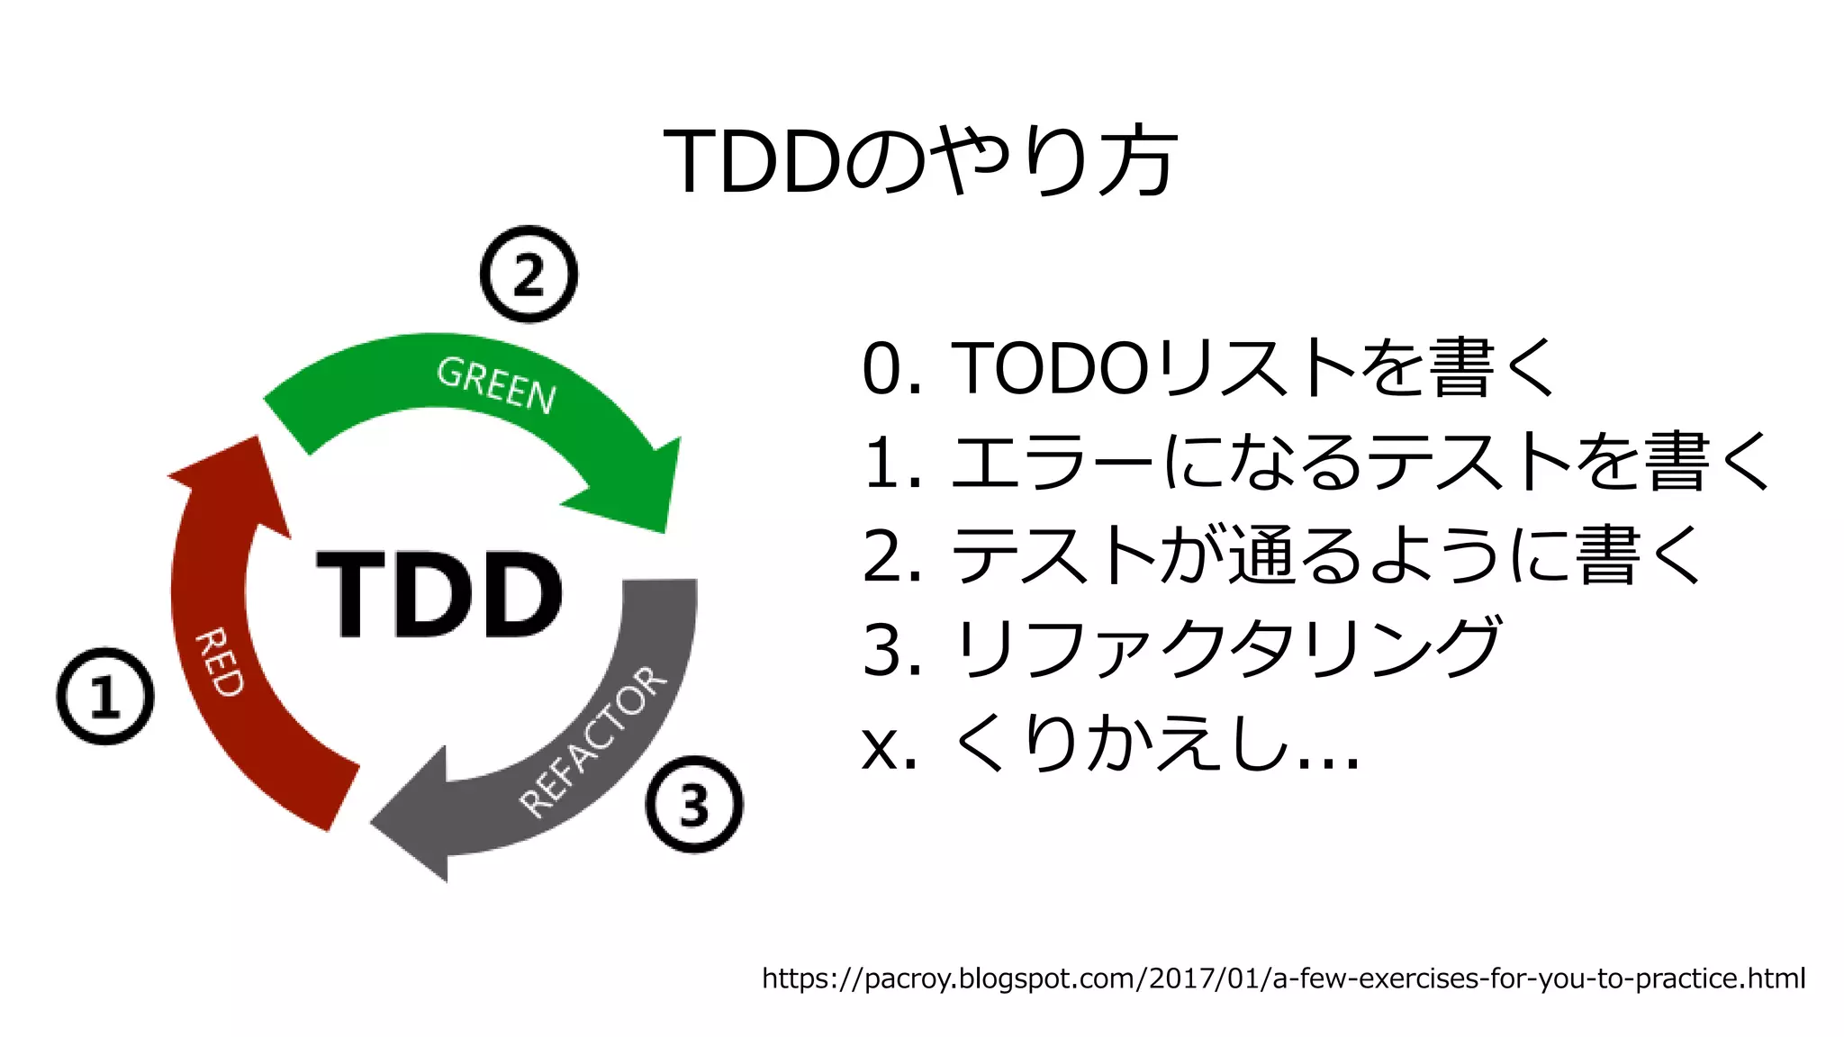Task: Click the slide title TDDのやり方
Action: [920, 161]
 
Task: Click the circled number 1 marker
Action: [105, 696]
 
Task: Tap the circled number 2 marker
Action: [529, 274]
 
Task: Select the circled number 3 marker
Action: [694, 804]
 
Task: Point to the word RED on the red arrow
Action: [220, 663]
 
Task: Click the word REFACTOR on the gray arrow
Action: [594, 743]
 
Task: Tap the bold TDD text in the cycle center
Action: [439, 594]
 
